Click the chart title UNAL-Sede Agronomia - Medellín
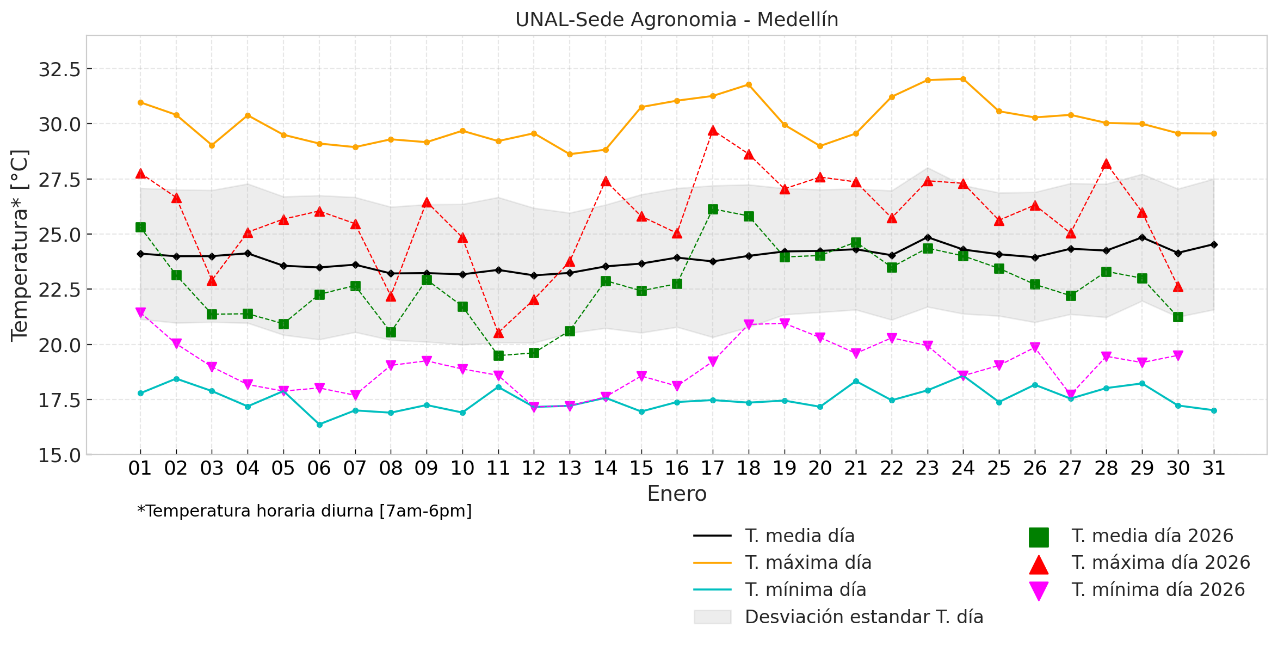(676, 20)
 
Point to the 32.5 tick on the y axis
(59, 70)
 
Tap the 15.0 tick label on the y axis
(59, 455)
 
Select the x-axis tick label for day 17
(713, 468)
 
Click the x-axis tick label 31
(1214, 468)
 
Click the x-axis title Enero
(676, 494)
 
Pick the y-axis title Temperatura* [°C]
(20, 245)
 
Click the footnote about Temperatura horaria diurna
(305, 511)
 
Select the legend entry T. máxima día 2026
(1160, 563)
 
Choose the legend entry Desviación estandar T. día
(863, 617)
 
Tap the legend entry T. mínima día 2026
(1158, 590)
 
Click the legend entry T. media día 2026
(1152, 536)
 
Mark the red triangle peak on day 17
(713, 131)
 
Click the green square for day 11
(498, 355)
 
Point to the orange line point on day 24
(963, 79)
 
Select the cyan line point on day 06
(319, 425)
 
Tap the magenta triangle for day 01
(140, 312)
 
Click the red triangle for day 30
(1178, 287)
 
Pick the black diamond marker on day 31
(1214, 244)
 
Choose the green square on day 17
(713, 210)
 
